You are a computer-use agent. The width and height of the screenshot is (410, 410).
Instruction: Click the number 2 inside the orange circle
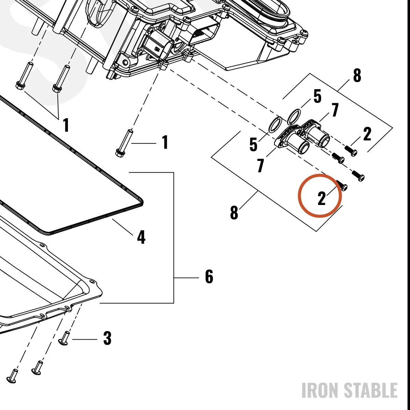(x=322, y=198)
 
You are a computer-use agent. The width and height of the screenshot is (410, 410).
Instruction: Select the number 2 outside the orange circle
(x=367, y=134)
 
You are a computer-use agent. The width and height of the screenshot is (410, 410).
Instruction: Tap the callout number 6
(x=209, y=276)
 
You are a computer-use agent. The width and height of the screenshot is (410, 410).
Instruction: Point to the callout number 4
(x=141, y=237)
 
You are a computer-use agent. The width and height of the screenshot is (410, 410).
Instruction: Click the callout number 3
(x=107, y=338)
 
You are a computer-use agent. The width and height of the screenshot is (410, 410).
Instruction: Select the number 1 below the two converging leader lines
(x=66, y=125)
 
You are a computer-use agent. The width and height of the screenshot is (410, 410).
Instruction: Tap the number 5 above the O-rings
(x=317, y=96)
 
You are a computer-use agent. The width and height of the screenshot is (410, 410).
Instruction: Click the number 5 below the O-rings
(x=253, y=144)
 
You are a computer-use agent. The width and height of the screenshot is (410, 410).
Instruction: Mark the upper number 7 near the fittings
(x=335, y=110)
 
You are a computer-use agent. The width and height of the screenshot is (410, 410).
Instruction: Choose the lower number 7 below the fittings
(x=260, y=165)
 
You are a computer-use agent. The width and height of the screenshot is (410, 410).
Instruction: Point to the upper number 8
(x=357, y=75)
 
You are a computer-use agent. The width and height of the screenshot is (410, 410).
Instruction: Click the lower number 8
(x=234, y=212)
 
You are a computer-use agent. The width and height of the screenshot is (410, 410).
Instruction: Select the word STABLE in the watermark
(x=371, y=390)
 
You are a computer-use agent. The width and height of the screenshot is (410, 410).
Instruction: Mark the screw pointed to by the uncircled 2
(x=351, y=151)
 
